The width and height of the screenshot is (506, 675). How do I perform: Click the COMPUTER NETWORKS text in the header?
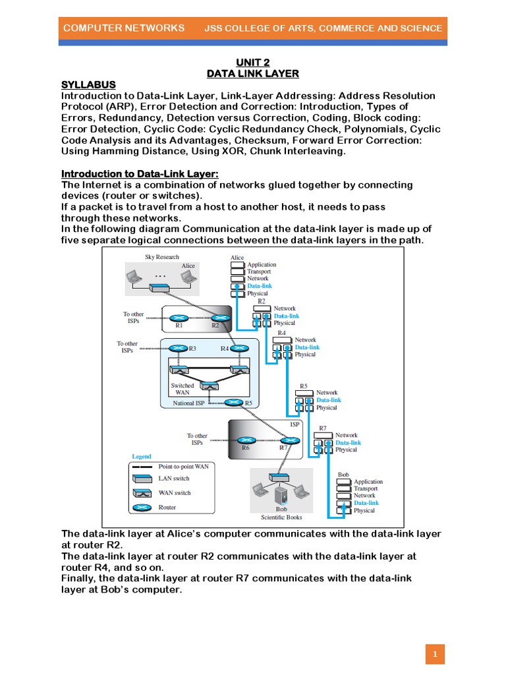coord(123,28)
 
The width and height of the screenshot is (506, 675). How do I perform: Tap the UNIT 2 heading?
coord(254,61)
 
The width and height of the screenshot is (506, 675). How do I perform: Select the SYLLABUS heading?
coord(88,84)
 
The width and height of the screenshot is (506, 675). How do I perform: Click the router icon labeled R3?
coord(178,349)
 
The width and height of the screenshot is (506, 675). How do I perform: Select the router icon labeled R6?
coord(245,440)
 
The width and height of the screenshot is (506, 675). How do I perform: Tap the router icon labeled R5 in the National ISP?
coord(233,402)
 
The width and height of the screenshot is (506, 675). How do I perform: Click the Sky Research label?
coord(161,257)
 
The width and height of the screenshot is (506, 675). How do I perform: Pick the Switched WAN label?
coord(183,389)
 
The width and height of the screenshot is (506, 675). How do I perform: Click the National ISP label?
coord(188,403)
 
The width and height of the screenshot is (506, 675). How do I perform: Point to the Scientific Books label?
coord(281,517)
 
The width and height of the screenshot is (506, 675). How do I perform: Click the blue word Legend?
coord(141,456)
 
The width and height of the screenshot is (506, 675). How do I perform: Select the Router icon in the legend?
coord(142,508)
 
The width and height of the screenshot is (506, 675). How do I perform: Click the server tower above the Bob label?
coord(281,492)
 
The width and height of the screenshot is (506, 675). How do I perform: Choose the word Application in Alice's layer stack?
coord(262,264)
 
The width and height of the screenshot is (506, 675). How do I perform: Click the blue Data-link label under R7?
coord(348,442)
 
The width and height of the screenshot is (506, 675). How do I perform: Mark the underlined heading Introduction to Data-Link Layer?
coord(140,173)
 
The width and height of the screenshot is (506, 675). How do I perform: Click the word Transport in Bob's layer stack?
coord(366,488)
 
